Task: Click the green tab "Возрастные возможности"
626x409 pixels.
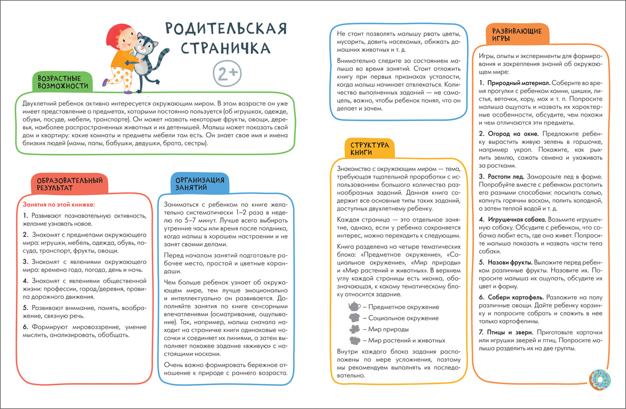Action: pos(63,82)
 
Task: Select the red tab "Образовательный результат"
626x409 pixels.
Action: pos(69,184)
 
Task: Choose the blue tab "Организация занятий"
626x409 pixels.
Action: pos(199,184)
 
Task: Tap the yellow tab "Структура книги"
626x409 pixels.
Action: pos(369,149)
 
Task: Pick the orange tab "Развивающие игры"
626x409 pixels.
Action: pos(516,35)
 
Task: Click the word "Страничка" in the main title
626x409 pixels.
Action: pos(225,48)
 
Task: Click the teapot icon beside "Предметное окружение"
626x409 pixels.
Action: pos(354,307)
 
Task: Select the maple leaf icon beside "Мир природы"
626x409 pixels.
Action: pos(354,329)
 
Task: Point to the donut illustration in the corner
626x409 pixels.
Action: pos(600,379)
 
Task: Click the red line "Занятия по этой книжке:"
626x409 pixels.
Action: pos(59,204)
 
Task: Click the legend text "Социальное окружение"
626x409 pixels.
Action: pos(403,318)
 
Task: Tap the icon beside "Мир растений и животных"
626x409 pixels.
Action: pos(354,340)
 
